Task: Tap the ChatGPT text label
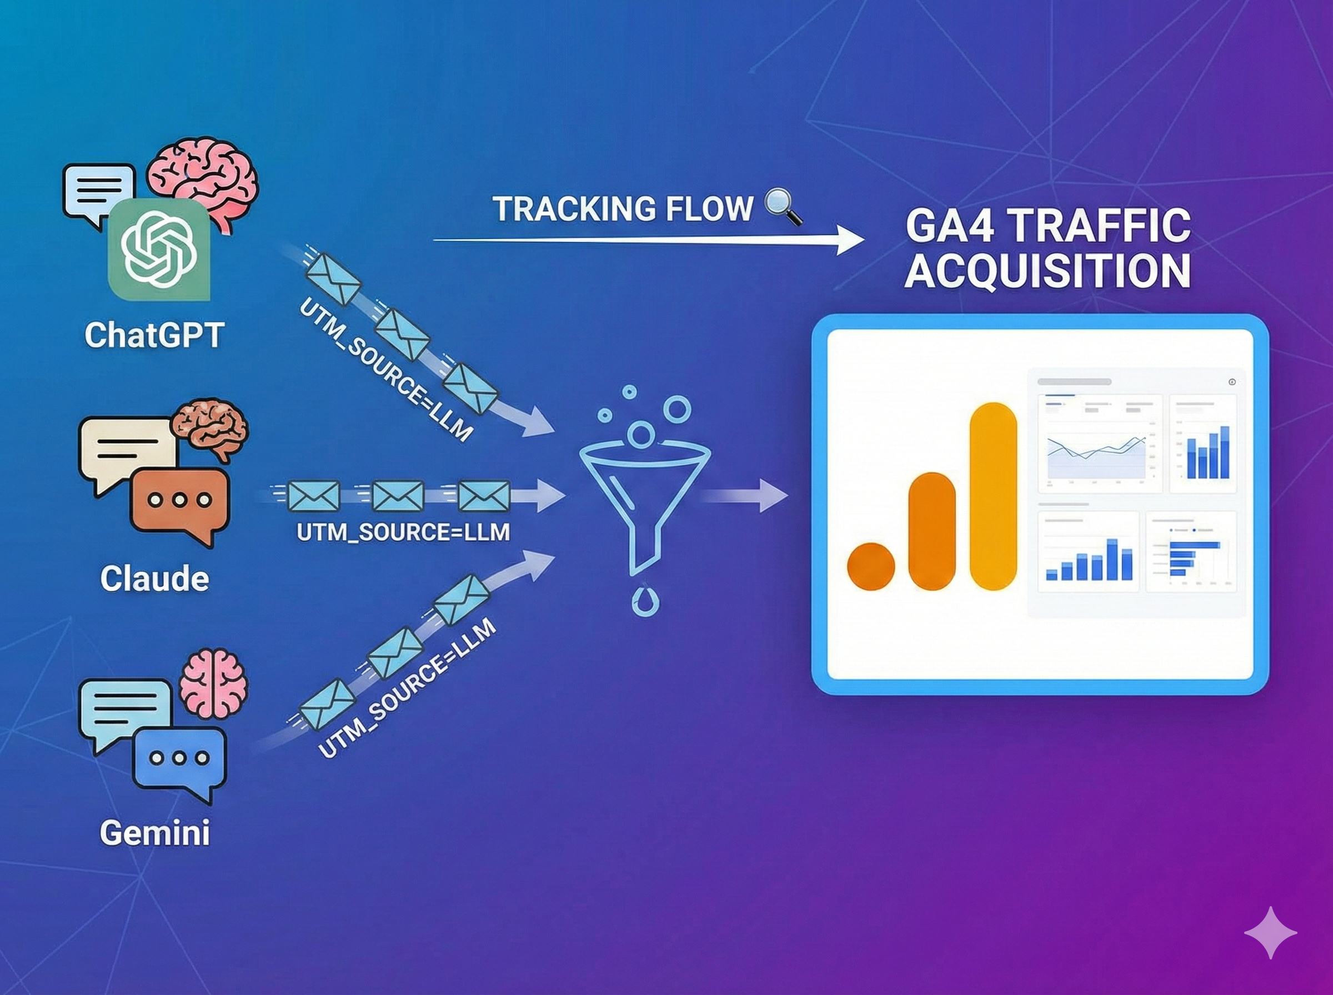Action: [154, 335]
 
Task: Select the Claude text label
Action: [154, 579]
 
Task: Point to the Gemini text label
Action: [155, 833]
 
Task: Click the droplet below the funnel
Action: [645, 599]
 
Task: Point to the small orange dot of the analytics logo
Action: [871, 566]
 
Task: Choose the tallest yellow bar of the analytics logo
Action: [993, 496]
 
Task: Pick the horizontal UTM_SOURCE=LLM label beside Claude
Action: [403, 532]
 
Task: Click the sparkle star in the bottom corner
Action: [1270, 932]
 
